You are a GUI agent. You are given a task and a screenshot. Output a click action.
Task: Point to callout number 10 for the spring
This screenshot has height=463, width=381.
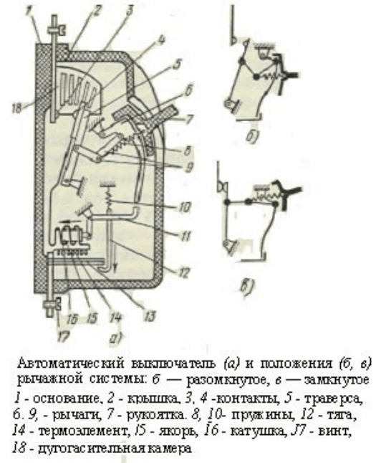click(x=185, y=206)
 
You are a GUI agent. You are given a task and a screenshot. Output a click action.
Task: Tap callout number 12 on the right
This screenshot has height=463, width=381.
click(x=183, y=272)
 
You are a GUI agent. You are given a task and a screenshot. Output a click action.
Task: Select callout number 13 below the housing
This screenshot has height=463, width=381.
click(x=150, y=316)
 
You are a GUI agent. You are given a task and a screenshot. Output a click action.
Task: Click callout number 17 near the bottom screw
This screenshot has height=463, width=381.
click(x=63, y=336)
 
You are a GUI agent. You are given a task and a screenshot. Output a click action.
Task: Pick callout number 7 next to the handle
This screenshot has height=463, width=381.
click(x=188, y=119)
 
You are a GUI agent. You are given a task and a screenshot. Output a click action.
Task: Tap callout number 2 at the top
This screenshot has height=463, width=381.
click(x=97, y=10)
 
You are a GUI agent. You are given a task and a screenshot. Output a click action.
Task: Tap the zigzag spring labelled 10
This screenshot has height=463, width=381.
click(x=109, y=199)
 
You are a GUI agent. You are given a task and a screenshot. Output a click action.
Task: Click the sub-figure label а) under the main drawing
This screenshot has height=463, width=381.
click(x=116, y=338)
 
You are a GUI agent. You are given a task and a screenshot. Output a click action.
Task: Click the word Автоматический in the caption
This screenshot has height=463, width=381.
click(x=70, y=364)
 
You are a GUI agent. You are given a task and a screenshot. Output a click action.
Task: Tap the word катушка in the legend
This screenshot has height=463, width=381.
click(x=258, y=431)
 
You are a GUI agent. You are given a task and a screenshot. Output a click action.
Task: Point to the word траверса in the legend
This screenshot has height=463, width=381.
click(x=332, y=399)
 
